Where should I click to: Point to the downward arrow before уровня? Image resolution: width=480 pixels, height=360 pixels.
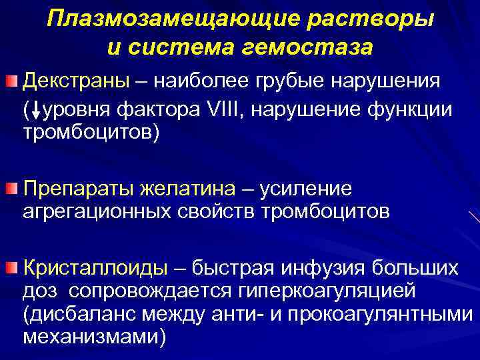click(x=35, y=109)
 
